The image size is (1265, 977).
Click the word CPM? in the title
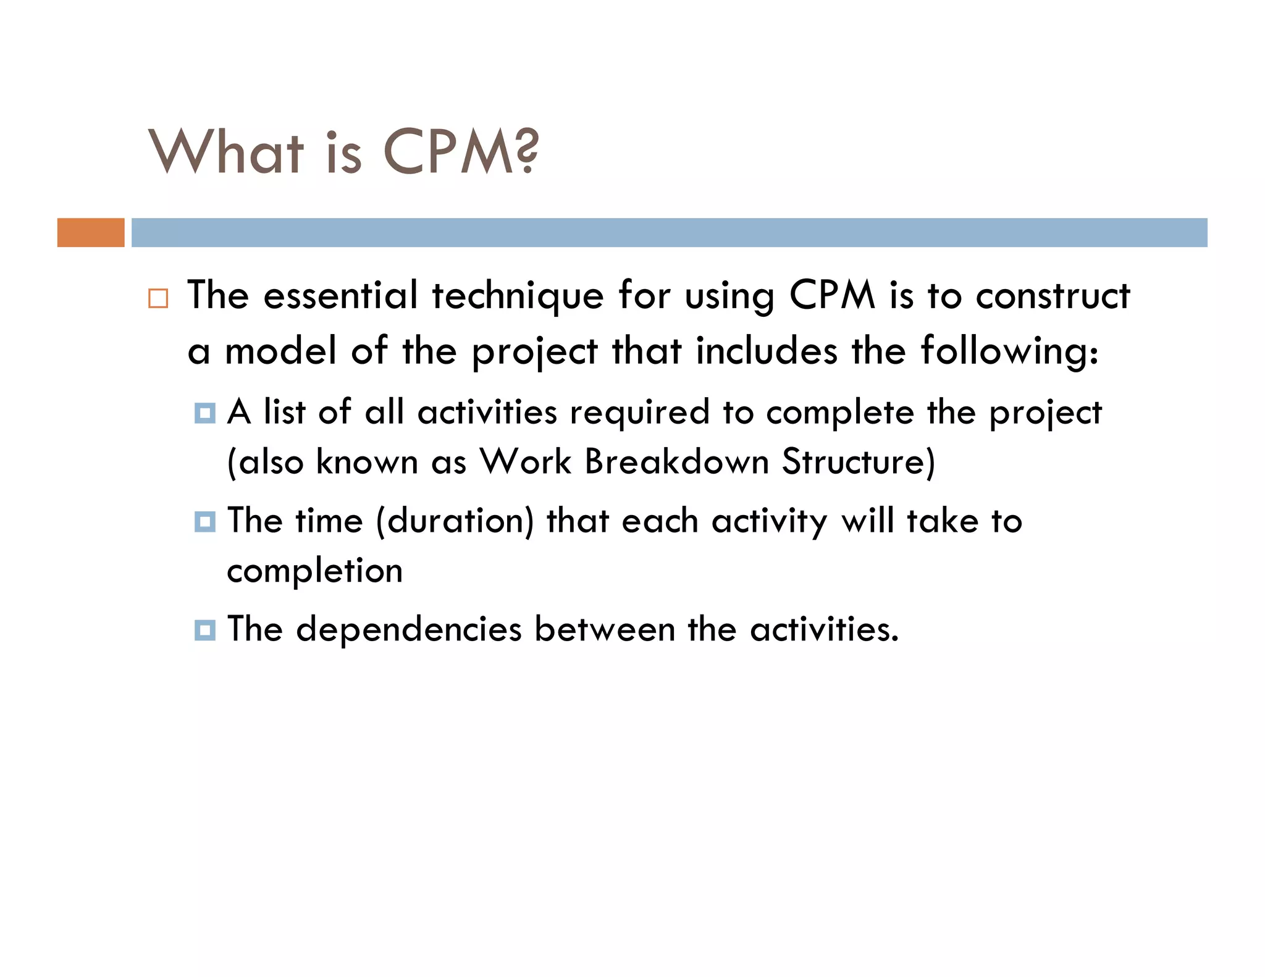(461, 152)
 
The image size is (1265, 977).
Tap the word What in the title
(227, 152)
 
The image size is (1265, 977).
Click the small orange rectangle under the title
(91, 233)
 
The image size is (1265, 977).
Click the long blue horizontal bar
(669, 233)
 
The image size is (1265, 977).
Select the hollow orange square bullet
(158, 299)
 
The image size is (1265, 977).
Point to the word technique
(518, 296)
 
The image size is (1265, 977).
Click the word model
(280, 351)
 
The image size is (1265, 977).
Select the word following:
(1009, 352)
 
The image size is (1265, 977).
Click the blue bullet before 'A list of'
(204, 413)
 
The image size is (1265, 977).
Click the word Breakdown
(676, 461)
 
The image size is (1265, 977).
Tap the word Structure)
(859, 462)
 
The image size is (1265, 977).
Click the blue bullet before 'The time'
(204, 522)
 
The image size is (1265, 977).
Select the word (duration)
(455, 521)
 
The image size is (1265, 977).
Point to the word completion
(315, 571)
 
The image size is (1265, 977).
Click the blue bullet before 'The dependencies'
(204, 631)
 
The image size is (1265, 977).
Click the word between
(605, 629)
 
